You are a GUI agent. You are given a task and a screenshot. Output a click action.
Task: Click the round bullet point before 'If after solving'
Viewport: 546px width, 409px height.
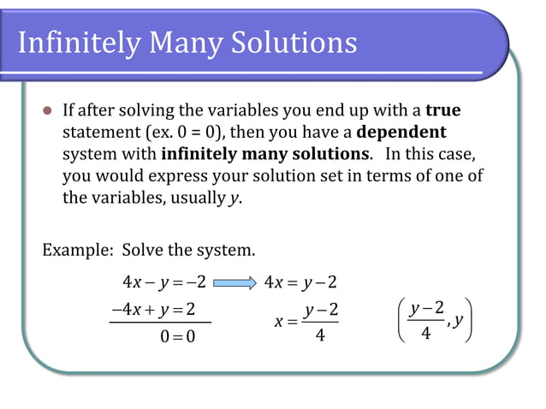[x=48, y=111]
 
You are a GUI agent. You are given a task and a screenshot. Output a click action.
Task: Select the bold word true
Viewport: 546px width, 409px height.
[x=442, y=111]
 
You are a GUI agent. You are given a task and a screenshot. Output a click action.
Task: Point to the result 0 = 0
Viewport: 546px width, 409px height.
[x=177, y=336]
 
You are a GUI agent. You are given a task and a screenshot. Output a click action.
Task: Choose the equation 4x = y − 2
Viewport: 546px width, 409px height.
[x=300, y=283]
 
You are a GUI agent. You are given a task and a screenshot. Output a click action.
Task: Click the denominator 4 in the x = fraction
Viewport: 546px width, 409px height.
[x=320, y=336]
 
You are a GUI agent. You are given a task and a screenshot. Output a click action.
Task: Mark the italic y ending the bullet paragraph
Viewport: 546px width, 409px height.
[x=234, y=199]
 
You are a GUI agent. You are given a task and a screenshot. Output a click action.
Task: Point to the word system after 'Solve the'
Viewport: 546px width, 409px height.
[x=228, y=251]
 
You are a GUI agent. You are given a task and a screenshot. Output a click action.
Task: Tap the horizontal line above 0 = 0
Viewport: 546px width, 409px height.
[x=159, y=323]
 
